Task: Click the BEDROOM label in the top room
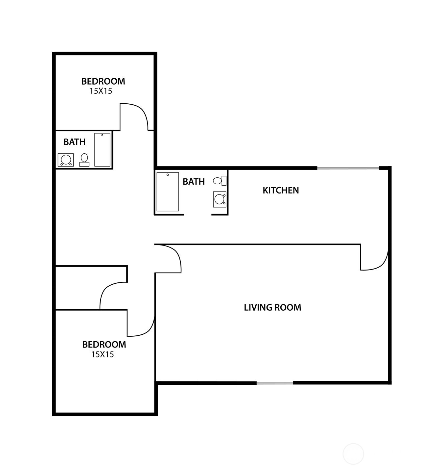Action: tap(103, 81)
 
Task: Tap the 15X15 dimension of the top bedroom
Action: tap(101, 91)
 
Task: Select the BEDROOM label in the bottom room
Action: tap(104, 345)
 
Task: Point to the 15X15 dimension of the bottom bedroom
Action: tap(102, 354)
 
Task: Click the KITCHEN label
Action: tap(281, 190)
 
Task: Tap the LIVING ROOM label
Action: tap(272, 307)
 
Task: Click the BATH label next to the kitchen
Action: tap(194, 181)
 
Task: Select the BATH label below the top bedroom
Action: tap(74, 142)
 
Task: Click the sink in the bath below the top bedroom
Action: tap(65, 160)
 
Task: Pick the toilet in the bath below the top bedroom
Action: tap(84, 160)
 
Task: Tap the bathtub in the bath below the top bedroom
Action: tap(102, 149)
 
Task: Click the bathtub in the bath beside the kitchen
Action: tap(168, 192)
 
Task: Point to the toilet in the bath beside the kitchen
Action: tap(220, 181)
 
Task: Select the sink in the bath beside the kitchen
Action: tap(220, 199)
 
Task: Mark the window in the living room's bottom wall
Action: tap(275, 383)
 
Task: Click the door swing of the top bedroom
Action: tap(135, 117)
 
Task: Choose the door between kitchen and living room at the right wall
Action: tap(375, 258)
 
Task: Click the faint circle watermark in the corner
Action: tap(353, 454)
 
